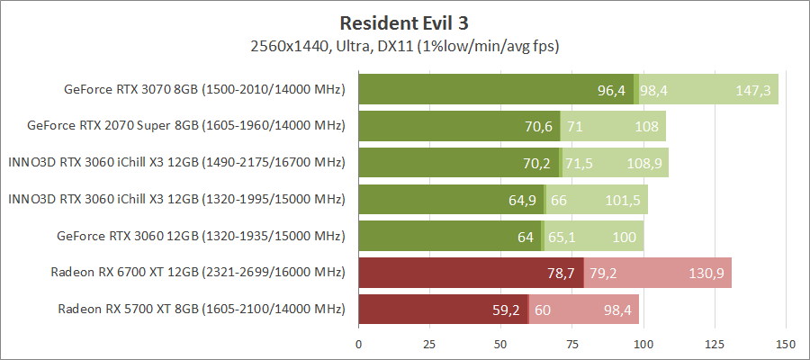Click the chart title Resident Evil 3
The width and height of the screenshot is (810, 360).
pyautogui.click(x=404, y=21)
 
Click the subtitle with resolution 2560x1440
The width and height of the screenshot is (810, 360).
pyautogui.click(x=404, y=44)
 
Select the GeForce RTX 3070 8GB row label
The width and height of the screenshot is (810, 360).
pyautogui.click(x=204, y=89)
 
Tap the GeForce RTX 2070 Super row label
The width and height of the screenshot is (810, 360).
pyautogui.click(x=186, y=126)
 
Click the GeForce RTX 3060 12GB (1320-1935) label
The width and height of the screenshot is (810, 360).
pyautogui.click(x=201, y=236)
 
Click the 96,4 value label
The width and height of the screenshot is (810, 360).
pyautogui.click(x=611, y=90)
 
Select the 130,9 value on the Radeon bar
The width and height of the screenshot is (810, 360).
pyautogui.click(x=706, y=273)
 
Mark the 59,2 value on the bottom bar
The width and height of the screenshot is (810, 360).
pyautogui.click(x=506, y=310)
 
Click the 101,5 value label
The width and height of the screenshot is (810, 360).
pyautogui.click(x=622, y=200)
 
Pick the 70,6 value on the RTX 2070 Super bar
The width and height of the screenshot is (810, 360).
pyautogui.click(x=538, y=127)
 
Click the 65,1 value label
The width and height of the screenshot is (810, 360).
pyautogui.click(x=562, y=237)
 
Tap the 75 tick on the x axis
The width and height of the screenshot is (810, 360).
pyautogui.click(x=572, y=344)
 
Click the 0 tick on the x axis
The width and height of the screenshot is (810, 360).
pyautogui.click(x=359, y=344)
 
